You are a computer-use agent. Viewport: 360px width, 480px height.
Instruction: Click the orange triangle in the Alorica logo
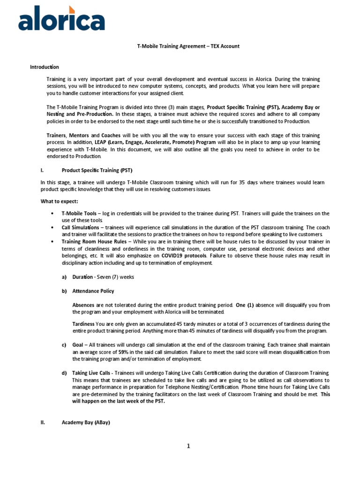[72, 10]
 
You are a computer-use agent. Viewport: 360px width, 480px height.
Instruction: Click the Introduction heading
[45, 67]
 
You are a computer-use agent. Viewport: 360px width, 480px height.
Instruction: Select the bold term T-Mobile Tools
[79, 213]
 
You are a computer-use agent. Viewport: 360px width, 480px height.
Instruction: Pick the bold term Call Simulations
[80, 227]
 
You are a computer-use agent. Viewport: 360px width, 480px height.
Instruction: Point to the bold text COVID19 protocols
[184, 256]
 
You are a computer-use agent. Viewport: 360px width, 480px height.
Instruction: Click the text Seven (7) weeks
[115, 277]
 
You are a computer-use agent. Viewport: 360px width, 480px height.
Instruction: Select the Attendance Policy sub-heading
[93, 291]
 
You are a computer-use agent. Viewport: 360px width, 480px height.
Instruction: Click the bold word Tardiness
[83, 324]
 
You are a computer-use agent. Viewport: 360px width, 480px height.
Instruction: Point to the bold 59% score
[124, 352]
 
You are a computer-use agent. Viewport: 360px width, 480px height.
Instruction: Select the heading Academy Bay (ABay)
[86, 422]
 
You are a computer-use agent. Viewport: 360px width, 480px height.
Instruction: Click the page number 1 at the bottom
[188, 446]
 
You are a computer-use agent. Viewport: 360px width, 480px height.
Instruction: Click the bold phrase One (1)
[245, 305]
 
